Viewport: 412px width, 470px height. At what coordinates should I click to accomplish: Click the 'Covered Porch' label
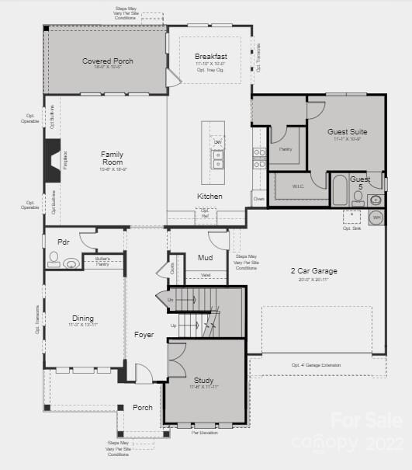click(x=108, y=61)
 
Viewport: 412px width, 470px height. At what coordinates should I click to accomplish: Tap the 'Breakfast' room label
click(x=210, y=57)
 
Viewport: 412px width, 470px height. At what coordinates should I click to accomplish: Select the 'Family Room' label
click(x=112, y=158)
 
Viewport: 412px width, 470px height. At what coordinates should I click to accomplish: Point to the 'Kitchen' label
click(x=209, y=197)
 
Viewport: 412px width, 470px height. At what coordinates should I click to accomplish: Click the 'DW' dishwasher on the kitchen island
click(x=219, y=143)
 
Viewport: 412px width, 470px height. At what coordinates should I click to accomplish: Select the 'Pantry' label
click(x=285, y=148)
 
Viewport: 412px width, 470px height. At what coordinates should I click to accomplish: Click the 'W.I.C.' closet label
click(x=298, y=186)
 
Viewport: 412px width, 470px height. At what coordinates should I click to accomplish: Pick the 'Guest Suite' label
click(x=348, y=132)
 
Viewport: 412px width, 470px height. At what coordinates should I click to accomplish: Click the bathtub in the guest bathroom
click(x=340, y=190)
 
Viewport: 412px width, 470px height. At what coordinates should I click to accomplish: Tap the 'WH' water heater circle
click(x=376, y=218)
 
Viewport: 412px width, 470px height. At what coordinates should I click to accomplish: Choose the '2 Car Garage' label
click(x=313, y=271)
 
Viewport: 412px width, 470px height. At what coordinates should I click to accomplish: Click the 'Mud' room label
click(x=205, y=257)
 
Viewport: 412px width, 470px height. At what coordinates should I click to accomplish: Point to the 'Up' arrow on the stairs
click(x=172, y=326)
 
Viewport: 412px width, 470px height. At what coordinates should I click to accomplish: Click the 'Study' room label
click(x=203, y=380)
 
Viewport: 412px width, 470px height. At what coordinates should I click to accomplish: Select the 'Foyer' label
click(x=144, y=335)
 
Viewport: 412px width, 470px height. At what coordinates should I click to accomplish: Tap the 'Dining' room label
click(x=83, y=319)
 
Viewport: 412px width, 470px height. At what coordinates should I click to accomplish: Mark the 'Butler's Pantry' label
click(x=103, y=261)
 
